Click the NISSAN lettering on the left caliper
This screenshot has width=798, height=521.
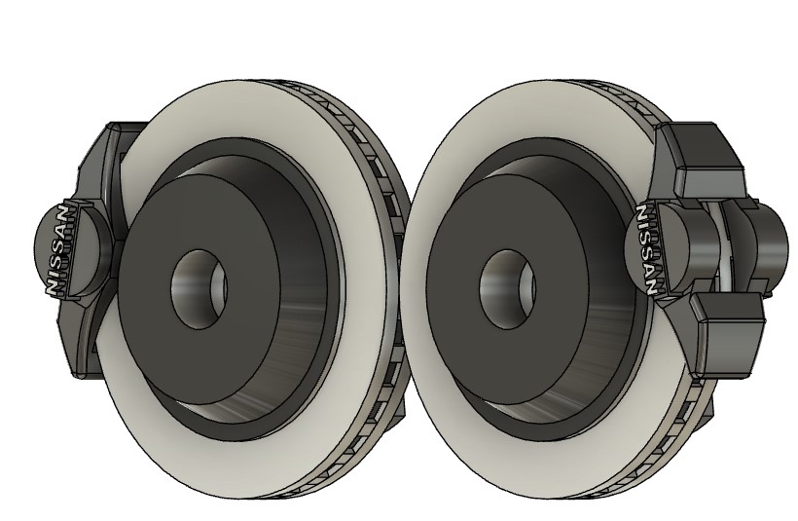[x=57, y=250]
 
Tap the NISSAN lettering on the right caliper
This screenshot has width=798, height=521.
[x=645, y=249]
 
